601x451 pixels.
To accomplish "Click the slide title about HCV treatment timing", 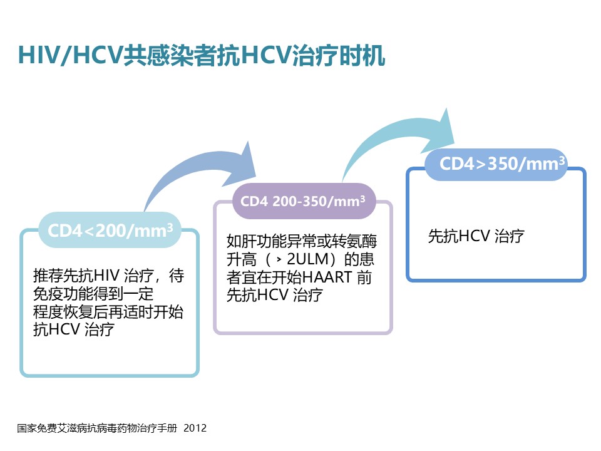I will tap(201, 55).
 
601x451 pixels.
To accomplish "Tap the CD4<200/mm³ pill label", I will tap(111, 230).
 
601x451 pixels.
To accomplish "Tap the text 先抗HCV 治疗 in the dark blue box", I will tap(476, 237).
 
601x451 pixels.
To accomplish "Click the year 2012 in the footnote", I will tap(195, 428).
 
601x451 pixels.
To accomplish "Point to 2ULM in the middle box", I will tap(307, 259).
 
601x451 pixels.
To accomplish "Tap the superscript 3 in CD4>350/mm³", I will tap(562, 160).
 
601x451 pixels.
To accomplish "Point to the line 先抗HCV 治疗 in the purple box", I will tap(274, 296).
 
